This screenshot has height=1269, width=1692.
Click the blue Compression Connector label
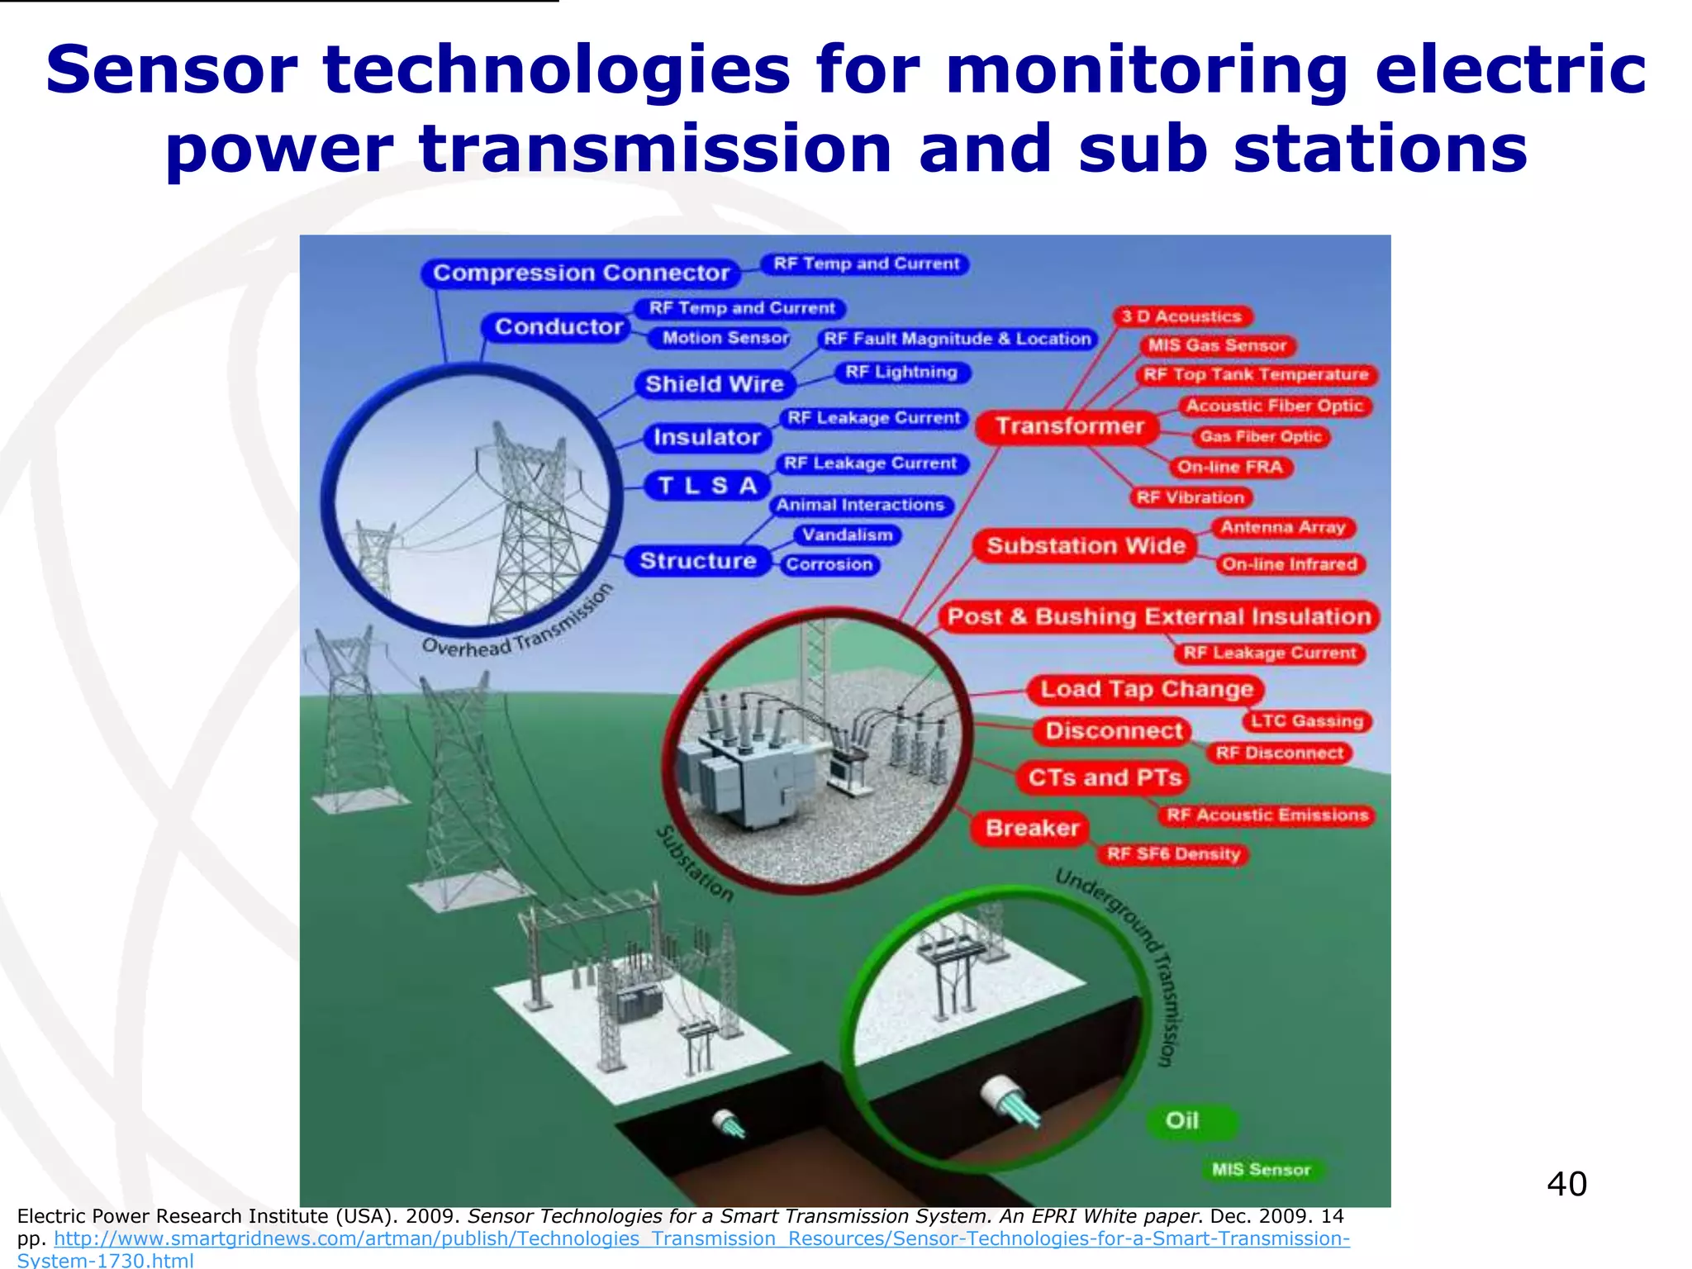pos(581,273)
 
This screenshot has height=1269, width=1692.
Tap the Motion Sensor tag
pos(725,338)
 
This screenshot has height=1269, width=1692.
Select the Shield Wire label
pos(714,384)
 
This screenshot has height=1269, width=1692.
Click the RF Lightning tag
pos(901,373)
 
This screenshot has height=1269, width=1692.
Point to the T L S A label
pos(707,486)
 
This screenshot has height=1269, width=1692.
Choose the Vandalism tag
pos(847,535)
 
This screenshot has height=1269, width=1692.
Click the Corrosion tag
pos(829,565)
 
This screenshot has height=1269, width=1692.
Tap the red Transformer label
pos(1069,426)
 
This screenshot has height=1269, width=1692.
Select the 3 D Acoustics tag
pos(1181,316)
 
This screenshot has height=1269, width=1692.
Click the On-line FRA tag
pos(1229,468)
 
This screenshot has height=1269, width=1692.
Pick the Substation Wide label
pos(1086,546)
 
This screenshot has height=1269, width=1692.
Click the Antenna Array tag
pos(1283,527)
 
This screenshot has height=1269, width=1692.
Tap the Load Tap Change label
pos(1146,689)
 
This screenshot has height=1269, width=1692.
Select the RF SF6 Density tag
pos(1173,854)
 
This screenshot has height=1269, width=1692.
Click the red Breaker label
pos(1032,828)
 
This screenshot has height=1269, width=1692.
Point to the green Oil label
pos(1181,1121)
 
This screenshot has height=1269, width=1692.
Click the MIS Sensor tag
pos(1261,1170)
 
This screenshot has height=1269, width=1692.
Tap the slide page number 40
pos(1566,1184)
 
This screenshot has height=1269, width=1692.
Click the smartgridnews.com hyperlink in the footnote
pos(701,1238)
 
